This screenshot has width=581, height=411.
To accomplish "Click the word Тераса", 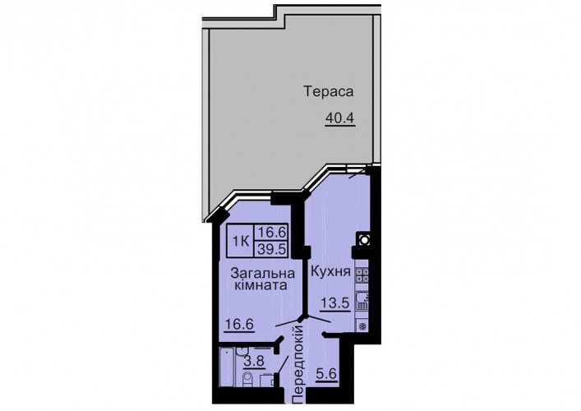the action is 328,91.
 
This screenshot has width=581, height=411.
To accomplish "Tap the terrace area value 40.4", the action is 340,118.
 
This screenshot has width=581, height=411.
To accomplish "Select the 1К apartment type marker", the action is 240,242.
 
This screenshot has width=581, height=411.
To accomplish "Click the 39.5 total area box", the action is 272,249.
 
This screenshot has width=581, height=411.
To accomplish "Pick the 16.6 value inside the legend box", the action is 272,233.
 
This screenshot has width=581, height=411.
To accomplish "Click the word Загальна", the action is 262,274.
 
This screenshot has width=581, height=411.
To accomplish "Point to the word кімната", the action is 263,286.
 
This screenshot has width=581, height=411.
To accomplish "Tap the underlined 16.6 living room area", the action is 239,325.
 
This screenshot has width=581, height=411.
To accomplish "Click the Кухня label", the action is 330,271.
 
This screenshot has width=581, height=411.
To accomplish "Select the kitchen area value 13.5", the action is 335,303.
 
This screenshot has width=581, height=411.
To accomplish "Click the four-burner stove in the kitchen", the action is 362,275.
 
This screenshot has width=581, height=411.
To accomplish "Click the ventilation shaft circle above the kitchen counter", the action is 364,240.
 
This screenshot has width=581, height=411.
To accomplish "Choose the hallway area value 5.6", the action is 326,374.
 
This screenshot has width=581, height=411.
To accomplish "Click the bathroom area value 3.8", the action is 254,361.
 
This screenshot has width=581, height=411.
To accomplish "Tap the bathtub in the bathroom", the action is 227,367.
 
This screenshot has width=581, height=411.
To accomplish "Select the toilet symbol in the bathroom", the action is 247,380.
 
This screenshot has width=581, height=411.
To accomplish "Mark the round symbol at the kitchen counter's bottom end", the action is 362,326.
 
